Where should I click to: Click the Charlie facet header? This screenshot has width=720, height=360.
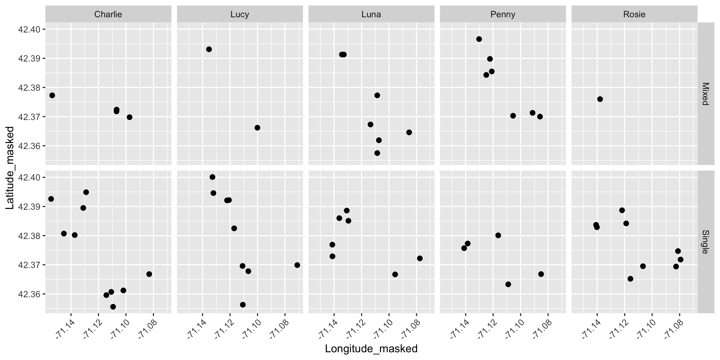(x=108, y=14)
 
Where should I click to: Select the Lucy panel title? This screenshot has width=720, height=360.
(x=239, y=14)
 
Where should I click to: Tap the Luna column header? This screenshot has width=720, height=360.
(x=371, y=14)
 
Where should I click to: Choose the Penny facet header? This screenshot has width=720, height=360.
(x=502, y=14)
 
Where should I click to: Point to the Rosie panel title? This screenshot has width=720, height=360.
(x=634, y=14)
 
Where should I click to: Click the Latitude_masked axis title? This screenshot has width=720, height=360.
(x=10, y=168)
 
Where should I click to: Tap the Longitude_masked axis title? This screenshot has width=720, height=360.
(x=371, y=349)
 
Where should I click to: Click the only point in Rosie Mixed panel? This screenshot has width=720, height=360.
(x=600, y=99)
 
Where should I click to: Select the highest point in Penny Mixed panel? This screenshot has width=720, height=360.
(x=479, y=39)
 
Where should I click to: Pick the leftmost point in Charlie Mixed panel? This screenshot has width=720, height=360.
(x=52, y=95)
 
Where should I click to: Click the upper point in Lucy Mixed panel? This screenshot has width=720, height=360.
(x=209, y=49)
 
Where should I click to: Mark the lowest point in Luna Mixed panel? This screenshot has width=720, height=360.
(x=377, y=153)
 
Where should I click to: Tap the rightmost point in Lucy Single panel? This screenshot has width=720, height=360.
(x=297, y=265)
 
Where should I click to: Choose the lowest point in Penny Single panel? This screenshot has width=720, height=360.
(x=508, y=284)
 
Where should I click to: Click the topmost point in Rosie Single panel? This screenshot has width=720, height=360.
(x=622, y=210)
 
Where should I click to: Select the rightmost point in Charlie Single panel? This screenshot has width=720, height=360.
(x=149, y=274)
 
